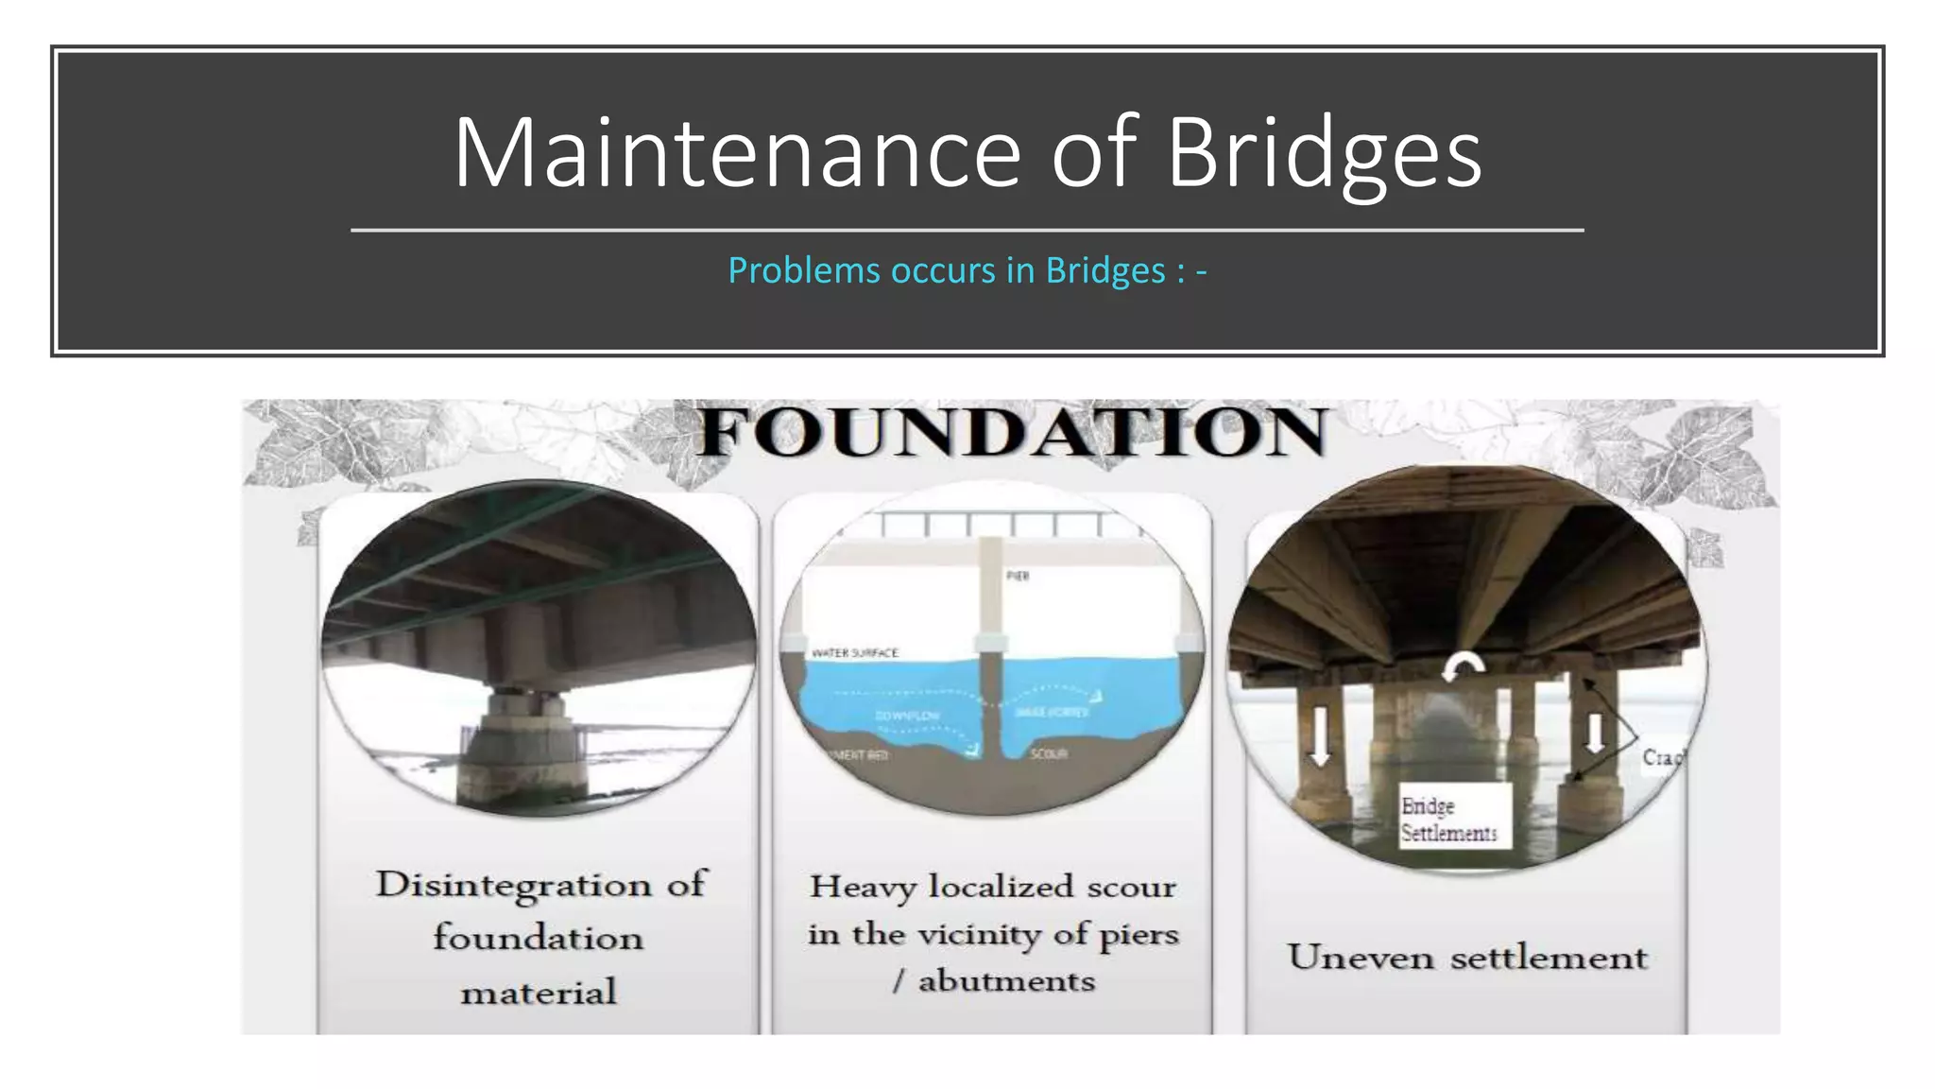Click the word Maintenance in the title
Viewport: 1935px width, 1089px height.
point(737,153)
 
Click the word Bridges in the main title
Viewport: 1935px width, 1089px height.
point(1324,153)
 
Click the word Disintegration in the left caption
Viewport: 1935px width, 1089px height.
point(514,885)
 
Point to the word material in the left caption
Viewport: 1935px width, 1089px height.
point(539,993)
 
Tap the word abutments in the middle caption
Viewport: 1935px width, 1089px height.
point(1006,981)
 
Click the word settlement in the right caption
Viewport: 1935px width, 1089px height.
point(1549,958)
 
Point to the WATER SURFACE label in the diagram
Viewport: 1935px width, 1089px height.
point(855,653)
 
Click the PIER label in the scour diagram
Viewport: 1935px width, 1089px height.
point(1018,576)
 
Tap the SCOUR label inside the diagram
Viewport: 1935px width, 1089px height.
point(1049,754)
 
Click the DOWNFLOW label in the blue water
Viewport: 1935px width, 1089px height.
point(907,716)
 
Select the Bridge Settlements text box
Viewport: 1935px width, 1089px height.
point(1449,819)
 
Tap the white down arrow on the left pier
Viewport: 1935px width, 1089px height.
point(1320,737)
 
